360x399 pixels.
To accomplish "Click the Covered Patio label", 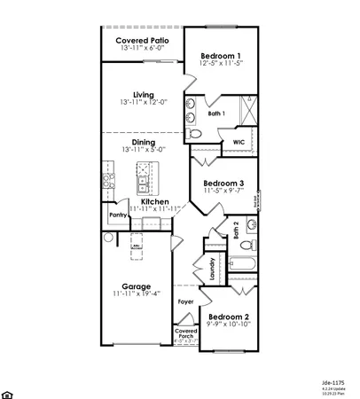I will point(142,40).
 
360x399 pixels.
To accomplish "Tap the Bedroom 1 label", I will point(221,54).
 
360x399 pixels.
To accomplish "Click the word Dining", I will point(144,142).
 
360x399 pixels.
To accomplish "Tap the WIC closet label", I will point(239,141).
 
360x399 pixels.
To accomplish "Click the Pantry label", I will point(117,214).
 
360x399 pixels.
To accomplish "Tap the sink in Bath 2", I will point(251,223).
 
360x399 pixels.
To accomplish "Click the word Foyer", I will point(185,302).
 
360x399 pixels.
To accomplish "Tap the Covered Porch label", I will point(185,335).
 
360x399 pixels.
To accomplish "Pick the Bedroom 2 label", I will point(228,317).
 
